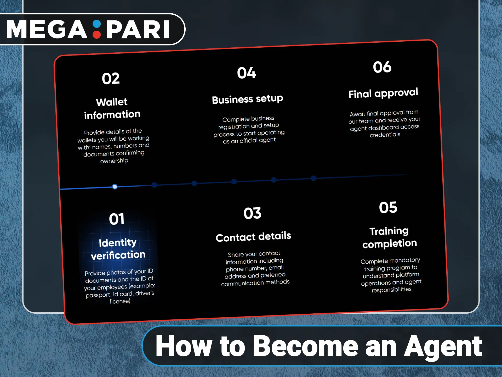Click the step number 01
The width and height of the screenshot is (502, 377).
click(117, 219)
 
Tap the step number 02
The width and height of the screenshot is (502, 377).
click(111, 79)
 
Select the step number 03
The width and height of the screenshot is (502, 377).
click(252, 213)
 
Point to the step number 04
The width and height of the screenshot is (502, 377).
click(246, 73)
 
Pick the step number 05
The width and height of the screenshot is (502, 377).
click(388, 208)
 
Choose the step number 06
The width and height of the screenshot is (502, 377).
click(382, 67)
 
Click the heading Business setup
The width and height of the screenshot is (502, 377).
click(247, 99)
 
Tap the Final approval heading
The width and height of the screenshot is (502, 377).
click(383, 93)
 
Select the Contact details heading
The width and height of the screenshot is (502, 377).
click(253, 237)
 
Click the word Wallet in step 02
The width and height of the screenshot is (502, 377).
click(112, 102)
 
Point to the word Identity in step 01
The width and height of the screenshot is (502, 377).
click(118, 243)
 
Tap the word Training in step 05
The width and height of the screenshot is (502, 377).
click(389, 231)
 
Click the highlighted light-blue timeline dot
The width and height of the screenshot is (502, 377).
click(115, 187)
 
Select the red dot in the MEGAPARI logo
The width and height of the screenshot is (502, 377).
click(97, 35)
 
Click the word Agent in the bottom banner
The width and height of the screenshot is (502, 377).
click(443, 347)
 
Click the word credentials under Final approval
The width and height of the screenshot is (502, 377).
click(385, 135)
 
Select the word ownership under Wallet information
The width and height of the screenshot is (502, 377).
click(114, 161)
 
